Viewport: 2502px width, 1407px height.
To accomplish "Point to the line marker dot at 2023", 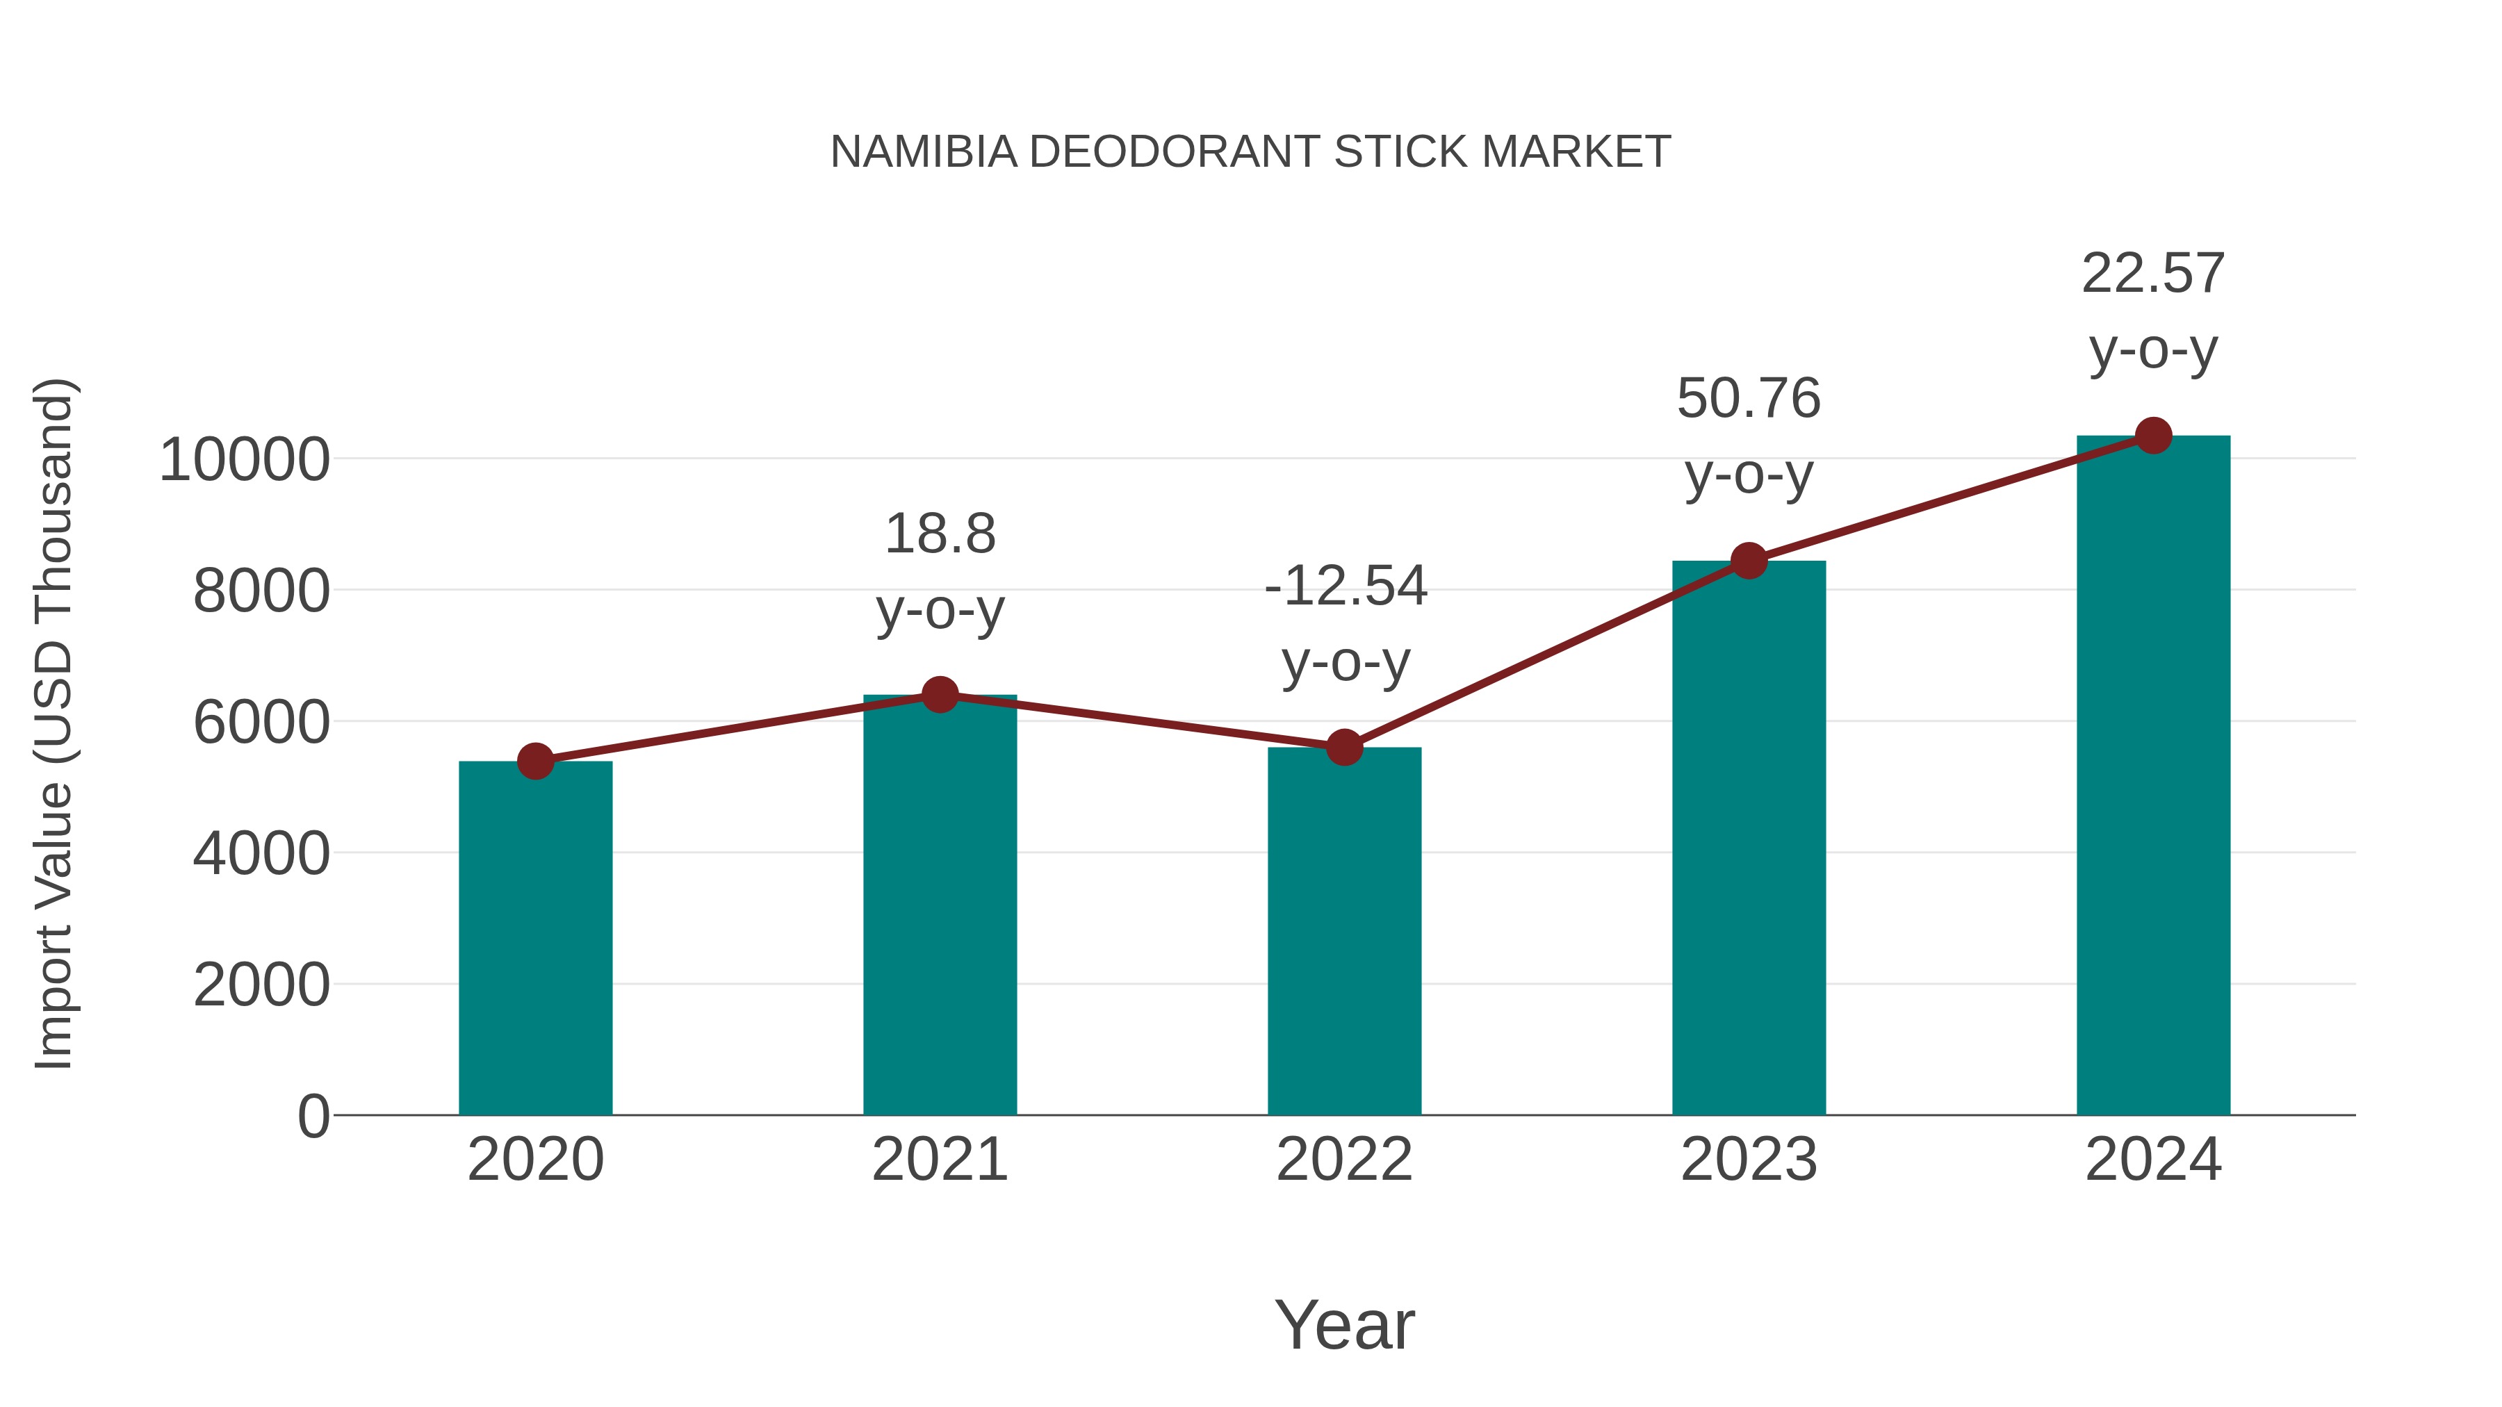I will click(x=1749, y=560).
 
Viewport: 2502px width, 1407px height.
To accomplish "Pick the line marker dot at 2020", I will click(x=535, y=762).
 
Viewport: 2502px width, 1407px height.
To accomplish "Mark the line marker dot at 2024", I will click(x=2153, y=436).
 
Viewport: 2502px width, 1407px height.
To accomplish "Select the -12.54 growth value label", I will click(x=1346, y=586).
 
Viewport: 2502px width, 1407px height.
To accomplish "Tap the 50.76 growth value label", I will click(x=1749, y=399).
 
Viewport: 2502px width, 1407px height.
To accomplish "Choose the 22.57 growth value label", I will click(x=2153, y=274).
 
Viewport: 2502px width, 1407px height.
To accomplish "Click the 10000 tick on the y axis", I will click(x=245, y=459).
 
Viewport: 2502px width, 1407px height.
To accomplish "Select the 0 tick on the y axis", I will click(x=313, y=1116).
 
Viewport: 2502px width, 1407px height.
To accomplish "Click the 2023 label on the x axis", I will click(x=1749, y=1160).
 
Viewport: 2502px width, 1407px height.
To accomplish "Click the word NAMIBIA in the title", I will click(x=924, y=152).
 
